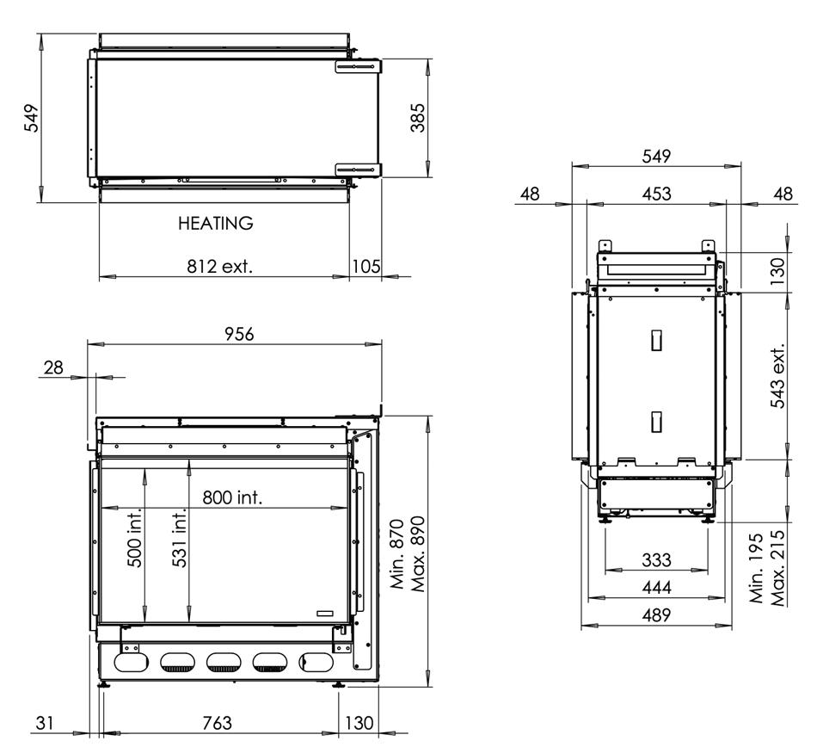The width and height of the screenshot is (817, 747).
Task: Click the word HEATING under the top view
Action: [x=216, y=224]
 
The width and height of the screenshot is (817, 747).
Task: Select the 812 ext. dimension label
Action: [x=221, y=266]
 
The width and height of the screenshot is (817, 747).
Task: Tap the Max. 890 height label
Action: [x=419, y=553]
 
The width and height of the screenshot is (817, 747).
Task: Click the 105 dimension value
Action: [x=365, y=266]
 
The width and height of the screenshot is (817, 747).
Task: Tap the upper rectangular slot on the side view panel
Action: [x=656, y=341]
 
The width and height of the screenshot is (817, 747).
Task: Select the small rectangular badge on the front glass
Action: [x=328, y=612]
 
